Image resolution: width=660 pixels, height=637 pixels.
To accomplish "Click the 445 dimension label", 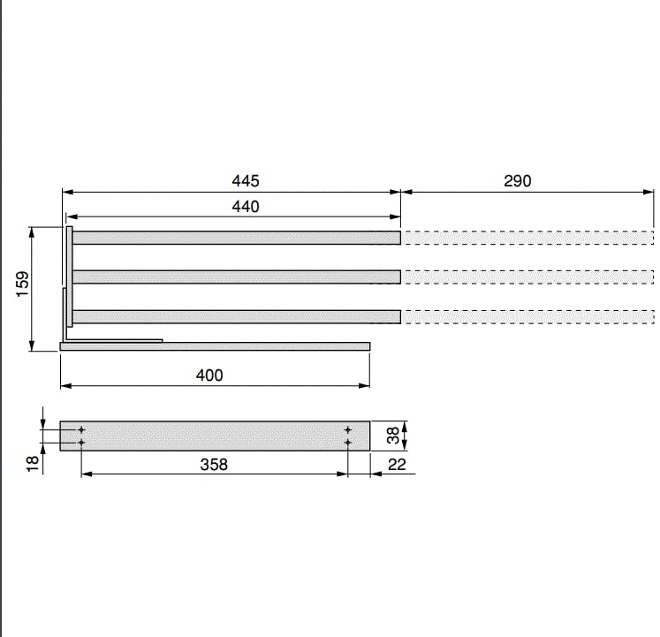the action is (246, 181).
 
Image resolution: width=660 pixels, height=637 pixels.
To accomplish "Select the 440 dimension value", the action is (246, 207).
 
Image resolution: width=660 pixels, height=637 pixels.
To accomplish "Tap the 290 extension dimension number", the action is (517, 181).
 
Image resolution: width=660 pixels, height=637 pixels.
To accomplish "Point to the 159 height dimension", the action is (22, 284).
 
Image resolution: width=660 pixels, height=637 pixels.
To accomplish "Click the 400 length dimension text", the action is (209, 375).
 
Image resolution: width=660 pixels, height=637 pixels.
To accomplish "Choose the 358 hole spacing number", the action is (214, 465).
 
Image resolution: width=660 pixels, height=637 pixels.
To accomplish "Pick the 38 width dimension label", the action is (392, 436).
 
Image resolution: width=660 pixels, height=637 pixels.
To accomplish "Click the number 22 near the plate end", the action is (397, 465).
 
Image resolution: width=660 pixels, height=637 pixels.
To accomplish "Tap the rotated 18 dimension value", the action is (33, 463).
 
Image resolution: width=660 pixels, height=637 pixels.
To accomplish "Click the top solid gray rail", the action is (236, 238).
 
